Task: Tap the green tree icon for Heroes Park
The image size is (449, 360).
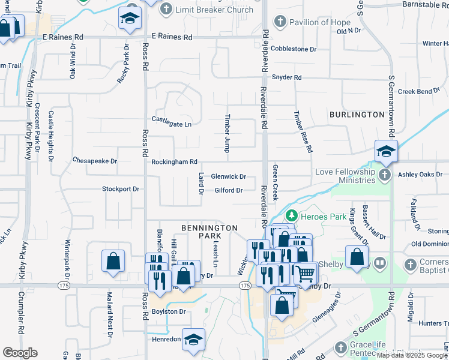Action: coord(291,215)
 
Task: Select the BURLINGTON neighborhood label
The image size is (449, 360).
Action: coord(356,114)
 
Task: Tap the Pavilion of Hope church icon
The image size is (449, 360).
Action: coord(279,23)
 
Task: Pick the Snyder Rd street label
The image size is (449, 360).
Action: coord(286,77)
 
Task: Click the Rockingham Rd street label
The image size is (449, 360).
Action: coord(174,161)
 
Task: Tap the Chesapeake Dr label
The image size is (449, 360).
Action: coord(94,161)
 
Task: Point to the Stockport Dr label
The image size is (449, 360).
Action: coord(120,189)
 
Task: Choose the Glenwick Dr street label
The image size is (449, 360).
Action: coord(228,176)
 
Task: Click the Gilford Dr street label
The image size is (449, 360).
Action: coord(228,191)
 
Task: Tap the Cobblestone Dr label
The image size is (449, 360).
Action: coord(293,49)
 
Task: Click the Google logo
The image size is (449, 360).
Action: coord(20,353)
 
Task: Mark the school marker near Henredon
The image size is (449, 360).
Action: coord(193,340)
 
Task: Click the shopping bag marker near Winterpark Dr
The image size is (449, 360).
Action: coord(113,261)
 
